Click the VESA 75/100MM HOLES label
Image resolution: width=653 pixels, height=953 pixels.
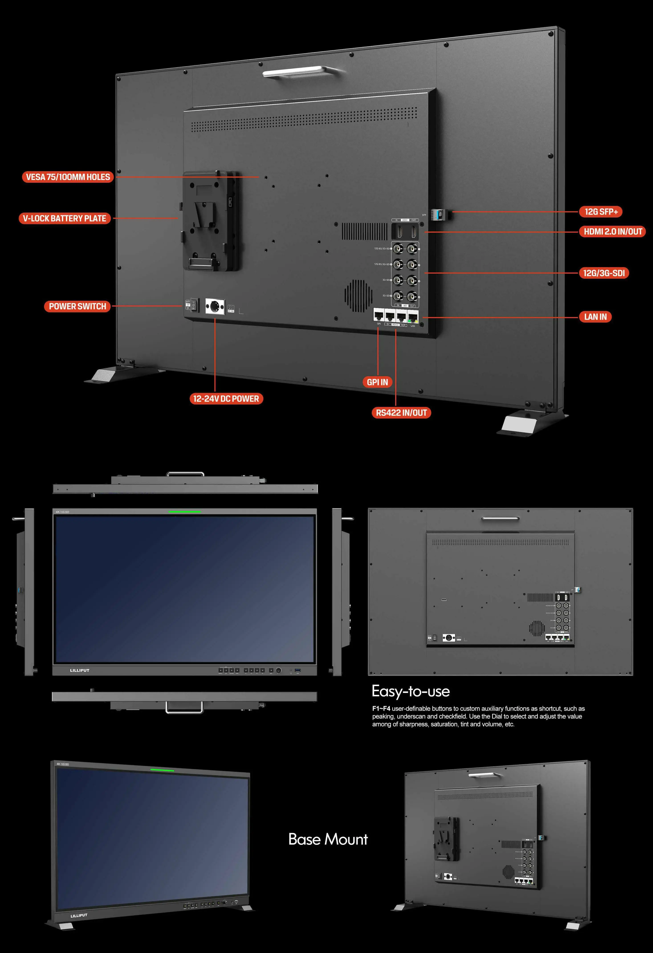[x=68, y=177]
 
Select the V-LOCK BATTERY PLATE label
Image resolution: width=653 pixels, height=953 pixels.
[x=64, y=218]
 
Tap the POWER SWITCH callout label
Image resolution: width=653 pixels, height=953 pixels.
[x=77, y=306]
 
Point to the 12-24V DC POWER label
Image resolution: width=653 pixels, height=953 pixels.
[x=226, y=399]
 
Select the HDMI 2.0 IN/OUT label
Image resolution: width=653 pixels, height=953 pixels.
[x=613, y=232]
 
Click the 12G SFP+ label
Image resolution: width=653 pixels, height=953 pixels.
[x=601, y=212]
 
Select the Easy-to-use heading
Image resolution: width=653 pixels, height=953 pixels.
[x=411, y=691]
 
